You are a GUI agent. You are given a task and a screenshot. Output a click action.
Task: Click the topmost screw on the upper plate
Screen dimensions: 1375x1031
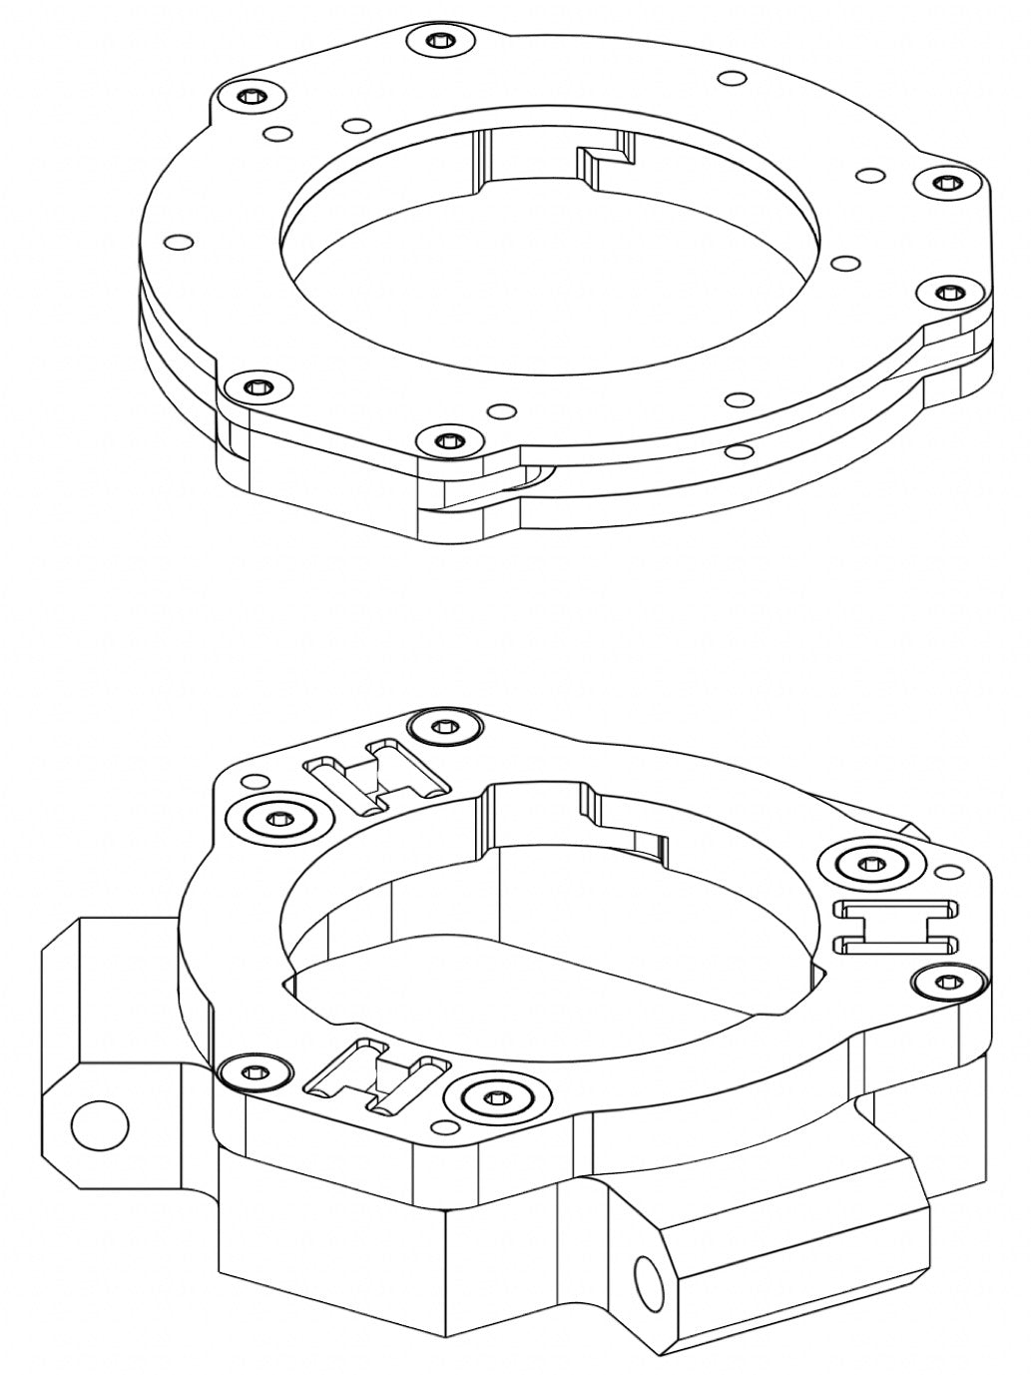440,41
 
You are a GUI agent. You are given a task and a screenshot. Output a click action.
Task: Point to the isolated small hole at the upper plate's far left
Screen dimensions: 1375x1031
180,242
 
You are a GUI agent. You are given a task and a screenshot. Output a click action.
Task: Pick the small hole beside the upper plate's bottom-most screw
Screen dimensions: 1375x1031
501,410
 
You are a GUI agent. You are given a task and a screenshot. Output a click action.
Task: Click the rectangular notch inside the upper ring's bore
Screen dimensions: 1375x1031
607,162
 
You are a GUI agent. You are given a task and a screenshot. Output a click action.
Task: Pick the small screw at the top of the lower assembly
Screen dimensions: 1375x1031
445,725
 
